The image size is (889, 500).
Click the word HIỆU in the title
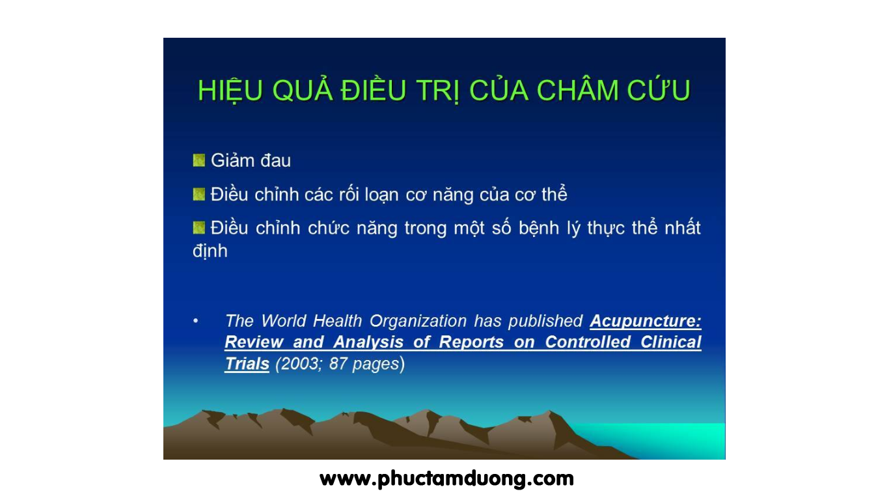pos(230,90)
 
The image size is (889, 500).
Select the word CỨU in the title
pos(659,89)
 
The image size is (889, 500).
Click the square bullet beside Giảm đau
pos(199,160)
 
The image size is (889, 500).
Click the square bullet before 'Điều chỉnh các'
pos(199,195)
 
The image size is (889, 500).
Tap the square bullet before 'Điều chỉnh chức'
pos(199,228)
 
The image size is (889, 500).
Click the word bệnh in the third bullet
pos(540,229)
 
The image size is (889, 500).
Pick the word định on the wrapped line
pos(210,251)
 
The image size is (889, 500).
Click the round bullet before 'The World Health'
pos(196,321)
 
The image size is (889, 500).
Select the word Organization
pos(418,322)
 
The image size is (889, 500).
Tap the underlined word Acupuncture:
pos(646,321)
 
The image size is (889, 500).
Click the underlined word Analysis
pos(368,342)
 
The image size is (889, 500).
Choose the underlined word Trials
pos(247,364)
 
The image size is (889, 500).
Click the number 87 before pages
pos(338,364)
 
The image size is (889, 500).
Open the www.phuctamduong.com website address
pos(446,479)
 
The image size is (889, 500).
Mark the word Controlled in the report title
pos(588,342)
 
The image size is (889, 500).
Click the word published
pos(545,322)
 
